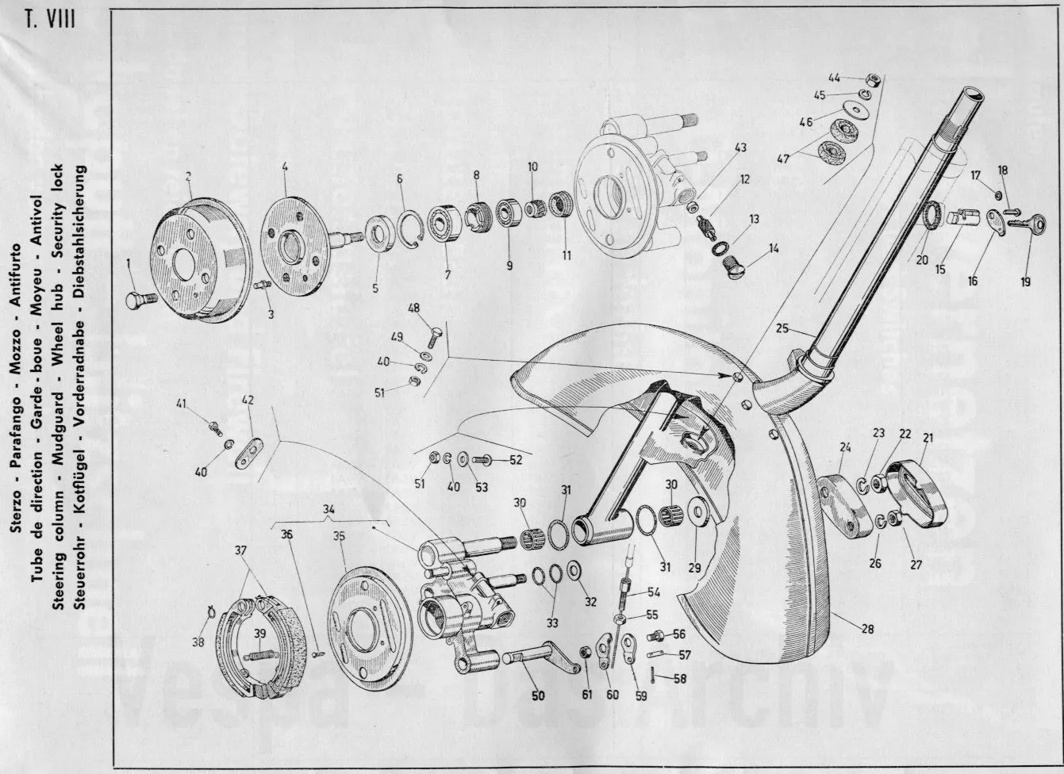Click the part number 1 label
(129, 261)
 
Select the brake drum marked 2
(198, 262)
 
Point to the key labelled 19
(1019, 226)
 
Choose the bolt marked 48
(432, 335)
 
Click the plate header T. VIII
(49, 18)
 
